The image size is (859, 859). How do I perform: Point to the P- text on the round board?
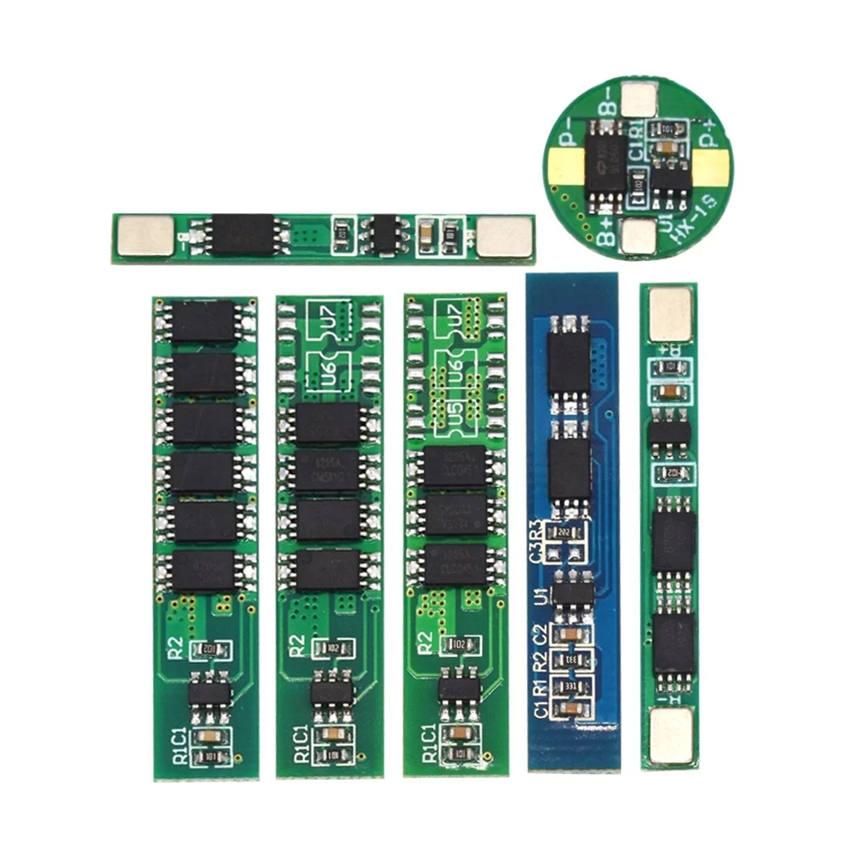[568, 137]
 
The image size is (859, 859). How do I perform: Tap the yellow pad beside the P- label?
[563, 167]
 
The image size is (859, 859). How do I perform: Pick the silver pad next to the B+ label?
[637, 236]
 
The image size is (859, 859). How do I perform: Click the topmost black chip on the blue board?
[569, 360]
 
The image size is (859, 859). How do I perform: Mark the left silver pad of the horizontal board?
[144, 235]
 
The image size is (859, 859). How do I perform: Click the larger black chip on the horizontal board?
[242, 235]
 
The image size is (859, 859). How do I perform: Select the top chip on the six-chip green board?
[204, 321]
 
